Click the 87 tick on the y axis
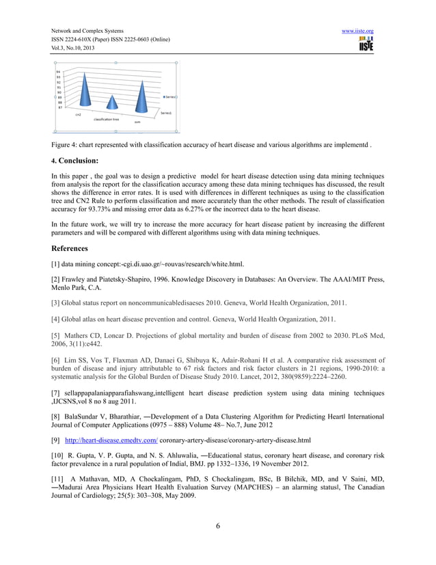[x=60, y=107]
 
